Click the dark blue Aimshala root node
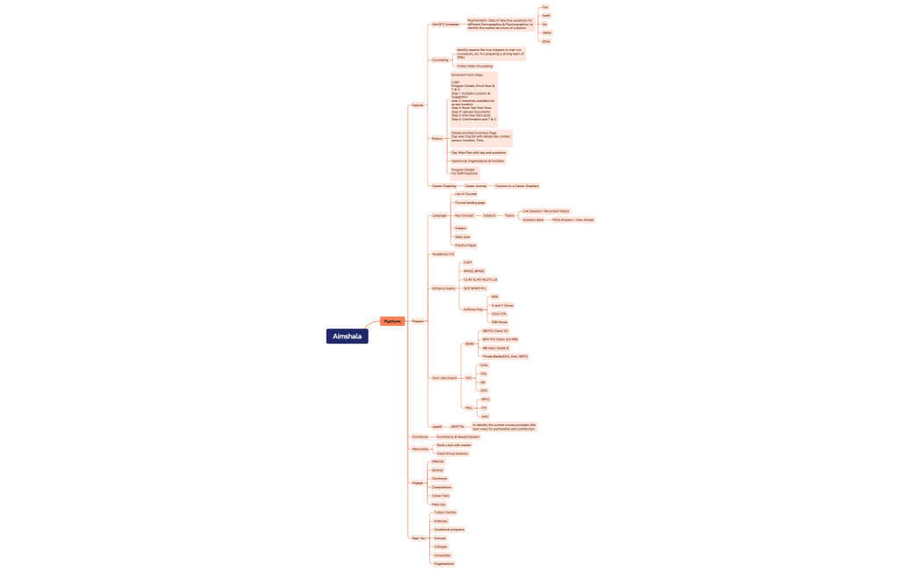click(347, 336)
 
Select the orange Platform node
click(393, 322)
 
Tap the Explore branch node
click(417, 105)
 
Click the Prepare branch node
click(418, 322)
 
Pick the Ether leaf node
click(546, 41)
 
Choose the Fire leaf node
click(545, 7)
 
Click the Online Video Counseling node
click(474, 66)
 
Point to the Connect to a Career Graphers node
click(516, 186)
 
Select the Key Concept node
click(465, 215)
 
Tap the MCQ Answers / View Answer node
click(573, 220)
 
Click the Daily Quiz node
click(462, 237)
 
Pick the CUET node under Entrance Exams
click(467, 263)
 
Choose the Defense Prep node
click(472, 309)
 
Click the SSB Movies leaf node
click(500, 322)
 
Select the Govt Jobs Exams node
click(444, 378)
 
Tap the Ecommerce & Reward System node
click(457, 437)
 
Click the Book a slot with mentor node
click(454, 445)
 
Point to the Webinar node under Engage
click(437, 461)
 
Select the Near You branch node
click(418, 538)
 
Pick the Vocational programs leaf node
click(450, 530)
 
